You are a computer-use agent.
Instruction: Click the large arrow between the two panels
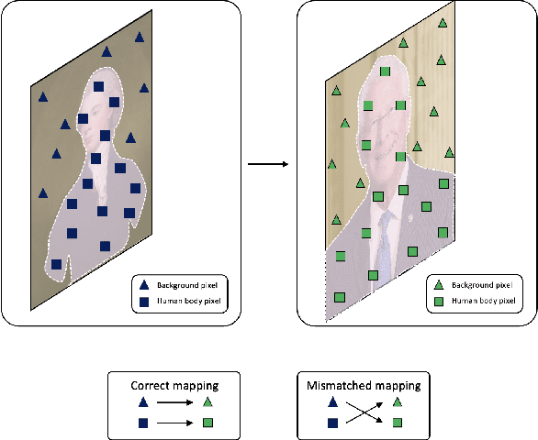tap(268, 165)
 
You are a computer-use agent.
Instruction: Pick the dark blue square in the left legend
tap(143, 300)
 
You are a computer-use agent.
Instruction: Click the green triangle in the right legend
tap(439, 284)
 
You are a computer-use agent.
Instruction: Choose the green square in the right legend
tap(439, 300)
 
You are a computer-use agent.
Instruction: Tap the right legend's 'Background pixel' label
tap(480, 284)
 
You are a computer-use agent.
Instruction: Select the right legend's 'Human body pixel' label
tap(482, 300)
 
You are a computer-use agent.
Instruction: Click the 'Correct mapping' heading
tap(174, 385)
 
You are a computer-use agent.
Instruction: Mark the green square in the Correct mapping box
tap(208, 423)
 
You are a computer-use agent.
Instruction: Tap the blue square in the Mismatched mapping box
tap(331, 423)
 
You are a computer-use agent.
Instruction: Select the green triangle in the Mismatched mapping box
tap(397, 401)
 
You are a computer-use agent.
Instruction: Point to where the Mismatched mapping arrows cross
tap(364, 412)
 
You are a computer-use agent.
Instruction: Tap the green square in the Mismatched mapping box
tap(397, 423)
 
